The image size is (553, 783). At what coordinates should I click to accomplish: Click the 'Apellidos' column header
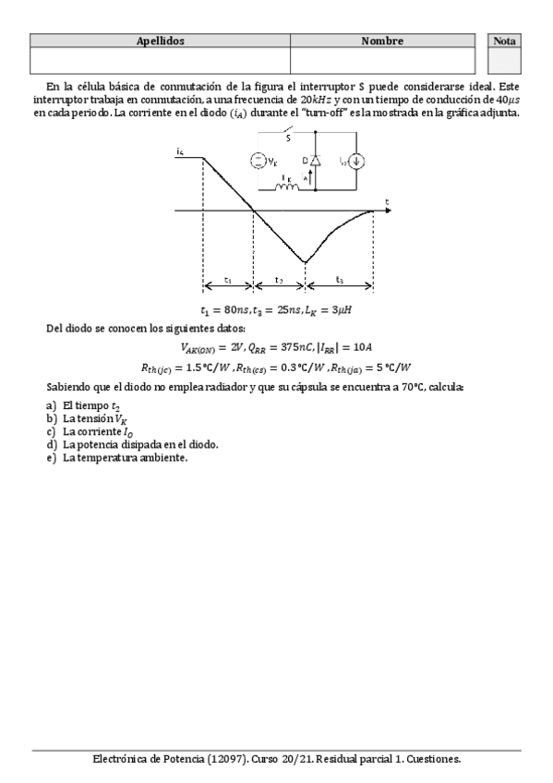(161, 42)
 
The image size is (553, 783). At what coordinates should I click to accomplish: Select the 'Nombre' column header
(382, 42)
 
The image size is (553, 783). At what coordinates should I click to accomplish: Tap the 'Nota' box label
(505, 42)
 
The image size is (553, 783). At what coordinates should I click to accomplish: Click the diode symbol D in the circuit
(317, 161)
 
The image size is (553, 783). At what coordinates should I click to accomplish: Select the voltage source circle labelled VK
(258, 162)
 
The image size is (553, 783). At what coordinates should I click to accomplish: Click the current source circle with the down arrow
(359, 162)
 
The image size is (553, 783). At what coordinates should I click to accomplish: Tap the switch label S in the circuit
(288, 138)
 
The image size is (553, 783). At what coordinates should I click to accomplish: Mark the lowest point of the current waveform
(306, 262)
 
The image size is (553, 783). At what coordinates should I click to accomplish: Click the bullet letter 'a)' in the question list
(51, 407)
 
